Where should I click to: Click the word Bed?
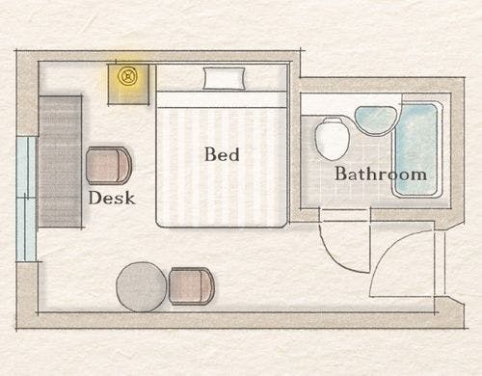222,154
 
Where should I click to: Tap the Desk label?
112,198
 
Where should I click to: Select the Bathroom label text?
381,174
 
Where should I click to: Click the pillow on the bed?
225,78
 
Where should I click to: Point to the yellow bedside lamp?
127,77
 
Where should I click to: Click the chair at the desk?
109,166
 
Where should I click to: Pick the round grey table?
142,287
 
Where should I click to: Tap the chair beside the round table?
192,286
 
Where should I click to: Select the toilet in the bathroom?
333,139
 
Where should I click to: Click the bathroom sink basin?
376,121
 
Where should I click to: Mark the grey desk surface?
60,161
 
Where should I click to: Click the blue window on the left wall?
26,199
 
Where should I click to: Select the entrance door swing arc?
392,251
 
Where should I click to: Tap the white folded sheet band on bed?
221,99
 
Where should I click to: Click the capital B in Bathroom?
340,174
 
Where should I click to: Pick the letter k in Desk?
128,198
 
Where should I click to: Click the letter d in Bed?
233,154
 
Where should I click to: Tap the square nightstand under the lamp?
128,85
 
